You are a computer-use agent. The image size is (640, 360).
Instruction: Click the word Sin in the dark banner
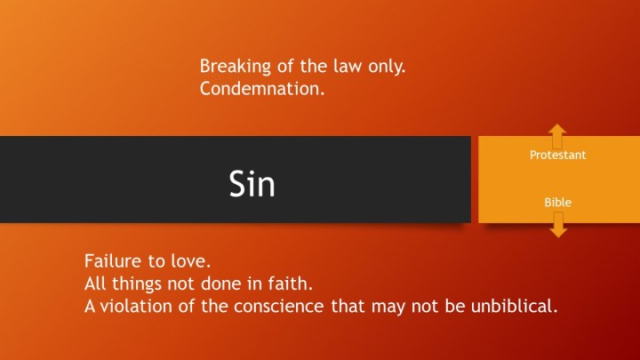pos(252,184)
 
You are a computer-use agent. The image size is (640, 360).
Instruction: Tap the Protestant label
pos(557,155)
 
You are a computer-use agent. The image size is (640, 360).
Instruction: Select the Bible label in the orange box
pos(557,203)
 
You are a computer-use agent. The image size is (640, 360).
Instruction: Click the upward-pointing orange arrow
pos(557,136)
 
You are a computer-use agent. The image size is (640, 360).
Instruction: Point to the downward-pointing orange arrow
pos(558,225)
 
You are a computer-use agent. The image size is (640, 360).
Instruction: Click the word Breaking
pos(235,66)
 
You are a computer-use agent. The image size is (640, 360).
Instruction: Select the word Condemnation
pos(262,89)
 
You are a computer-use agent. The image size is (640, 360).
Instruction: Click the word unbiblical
pos(514,306)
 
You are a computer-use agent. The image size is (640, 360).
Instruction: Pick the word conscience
pos(278,307)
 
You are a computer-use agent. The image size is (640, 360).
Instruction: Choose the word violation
pos(136,306)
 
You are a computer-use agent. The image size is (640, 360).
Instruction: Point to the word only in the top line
pos(387,67)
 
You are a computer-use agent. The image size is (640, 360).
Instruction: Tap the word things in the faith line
pos(137,284)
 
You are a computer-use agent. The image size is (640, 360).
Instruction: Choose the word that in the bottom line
pos(348,306)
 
